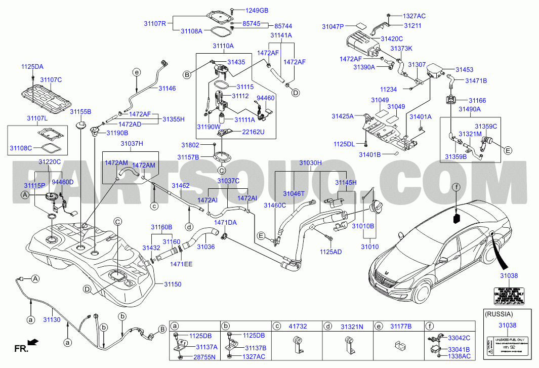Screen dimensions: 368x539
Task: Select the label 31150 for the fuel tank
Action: [x=172, y=284]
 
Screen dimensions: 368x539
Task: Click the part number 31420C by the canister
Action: [x=392, y=38]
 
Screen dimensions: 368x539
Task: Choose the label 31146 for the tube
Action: [x=167, y=88]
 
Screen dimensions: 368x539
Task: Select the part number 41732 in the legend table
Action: [x=297, y=326]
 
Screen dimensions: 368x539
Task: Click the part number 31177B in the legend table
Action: [x=401, y=326]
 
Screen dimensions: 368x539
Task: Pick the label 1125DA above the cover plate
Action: [x=32, y=66]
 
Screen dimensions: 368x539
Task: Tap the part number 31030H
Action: [x=310, y=163]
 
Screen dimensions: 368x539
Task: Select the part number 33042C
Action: [x=460, y=338]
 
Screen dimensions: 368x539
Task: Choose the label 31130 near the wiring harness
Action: [x=52, y=320]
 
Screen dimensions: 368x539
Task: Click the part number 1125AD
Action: [x=330, y=251]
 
